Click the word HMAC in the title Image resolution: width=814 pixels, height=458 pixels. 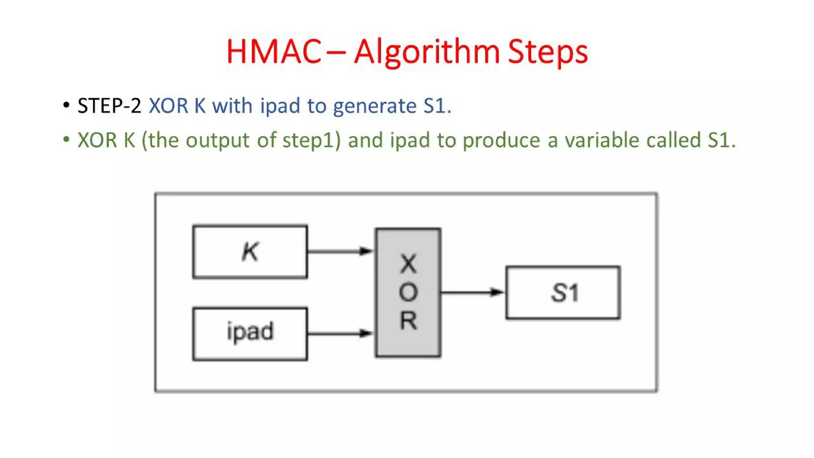tap(274, 52)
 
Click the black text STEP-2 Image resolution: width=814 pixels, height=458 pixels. tap(109, 106)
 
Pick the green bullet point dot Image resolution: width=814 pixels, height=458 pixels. tap(66, 140)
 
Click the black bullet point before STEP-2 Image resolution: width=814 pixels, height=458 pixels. tap(66, 105)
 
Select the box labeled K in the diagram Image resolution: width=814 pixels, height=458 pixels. tap(250, 252)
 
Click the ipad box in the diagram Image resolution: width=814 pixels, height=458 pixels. tap(250, 334)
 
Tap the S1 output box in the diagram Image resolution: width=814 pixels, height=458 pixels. tap(563, 293)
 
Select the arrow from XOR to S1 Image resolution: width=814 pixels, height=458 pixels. tap(472, 293)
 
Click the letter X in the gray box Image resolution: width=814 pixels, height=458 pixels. tap(408, 264)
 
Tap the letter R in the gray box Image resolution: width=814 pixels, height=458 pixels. tap(408, 321)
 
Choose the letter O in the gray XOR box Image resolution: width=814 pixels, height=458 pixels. tap(408, 293)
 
